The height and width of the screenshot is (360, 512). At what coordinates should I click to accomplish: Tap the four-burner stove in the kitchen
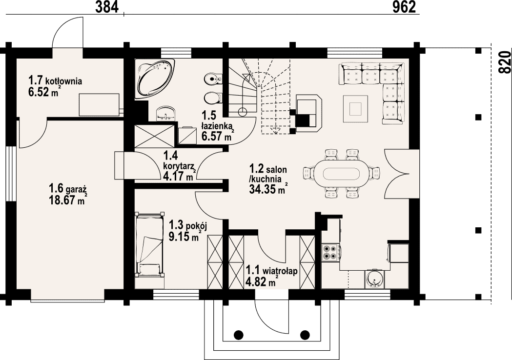tap(330, 252)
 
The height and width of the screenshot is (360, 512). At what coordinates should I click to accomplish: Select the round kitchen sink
tap(375, 280)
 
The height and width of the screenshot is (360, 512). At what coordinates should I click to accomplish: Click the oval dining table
tap(337, 172)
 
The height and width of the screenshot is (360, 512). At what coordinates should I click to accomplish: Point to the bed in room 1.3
tap(149, 245)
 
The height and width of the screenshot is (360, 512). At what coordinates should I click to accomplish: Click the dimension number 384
tap(106, 7)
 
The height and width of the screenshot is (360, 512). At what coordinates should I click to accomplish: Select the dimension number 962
tap(404, 7)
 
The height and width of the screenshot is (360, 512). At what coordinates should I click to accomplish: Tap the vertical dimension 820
tap(505, 62)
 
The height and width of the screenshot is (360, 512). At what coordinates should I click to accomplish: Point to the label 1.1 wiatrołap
tap(272, 271)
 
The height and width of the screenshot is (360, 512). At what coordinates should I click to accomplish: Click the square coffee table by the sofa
tap(356, 109)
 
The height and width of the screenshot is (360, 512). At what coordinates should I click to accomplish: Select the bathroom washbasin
tap(165, 114)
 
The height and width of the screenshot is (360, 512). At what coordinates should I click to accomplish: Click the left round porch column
tap(239, 335)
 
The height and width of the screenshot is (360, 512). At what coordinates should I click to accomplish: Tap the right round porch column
tap(305, 335)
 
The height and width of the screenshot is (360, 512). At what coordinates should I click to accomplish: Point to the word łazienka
tap(216, 126)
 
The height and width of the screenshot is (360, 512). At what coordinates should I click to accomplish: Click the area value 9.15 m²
tap(184, 236)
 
